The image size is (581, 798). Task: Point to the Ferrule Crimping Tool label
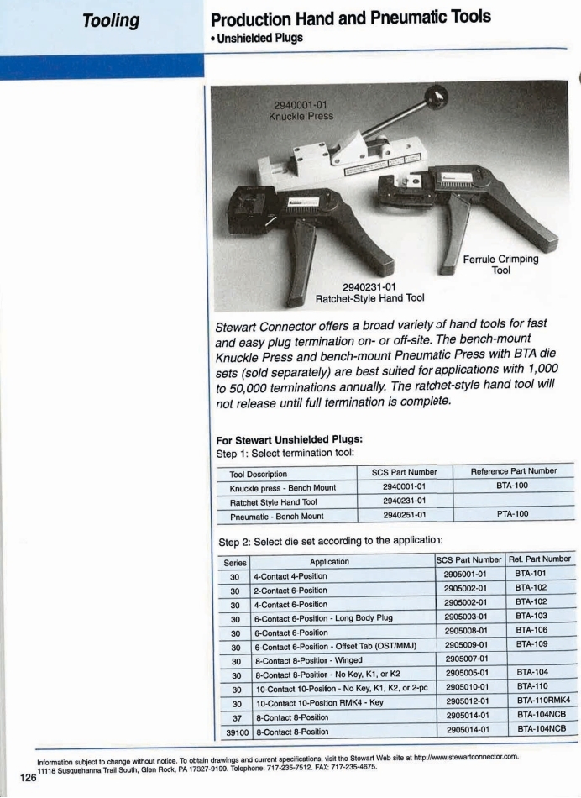[504, 265]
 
